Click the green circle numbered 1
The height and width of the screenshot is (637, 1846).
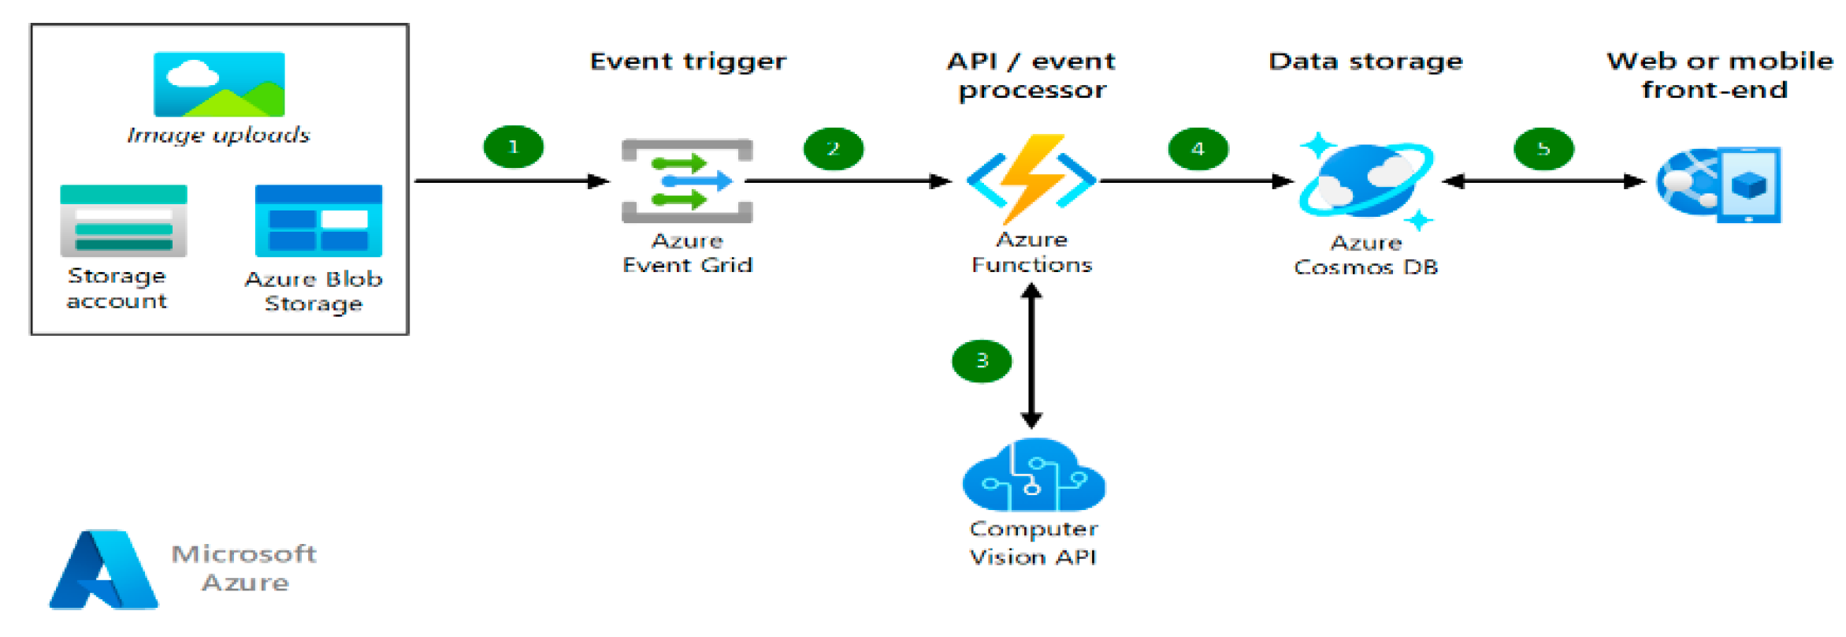(513, 147)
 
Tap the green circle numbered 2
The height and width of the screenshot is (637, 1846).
(833, 148)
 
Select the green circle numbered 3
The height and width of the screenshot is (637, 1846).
(981, 361)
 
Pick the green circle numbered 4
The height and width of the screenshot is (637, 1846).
(1198, 148)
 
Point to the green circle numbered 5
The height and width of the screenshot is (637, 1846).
(1543, 148)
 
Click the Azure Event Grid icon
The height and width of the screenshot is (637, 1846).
(686, 181)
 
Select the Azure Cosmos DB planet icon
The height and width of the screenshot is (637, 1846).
(1365, 182)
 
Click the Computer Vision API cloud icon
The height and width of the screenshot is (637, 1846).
(1033, 476)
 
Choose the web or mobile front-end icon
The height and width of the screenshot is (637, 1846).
(1718, 184)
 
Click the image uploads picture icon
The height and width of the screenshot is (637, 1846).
(219, 84)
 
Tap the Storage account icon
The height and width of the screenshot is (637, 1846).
(124, 221)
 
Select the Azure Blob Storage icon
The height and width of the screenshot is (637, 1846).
(318, 221)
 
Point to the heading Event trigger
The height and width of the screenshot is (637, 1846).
(688, 61)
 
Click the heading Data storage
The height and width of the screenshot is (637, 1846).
(1365, 61)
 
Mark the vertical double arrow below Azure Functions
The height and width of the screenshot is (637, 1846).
(1031, 356)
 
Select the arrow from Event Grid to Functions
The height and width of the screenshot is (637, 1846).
(847, 181)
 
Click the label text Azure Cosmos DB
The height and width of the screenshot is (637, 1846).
(1365, 255)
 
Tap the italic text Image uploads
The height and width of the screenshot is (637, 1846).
(218, 136)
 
